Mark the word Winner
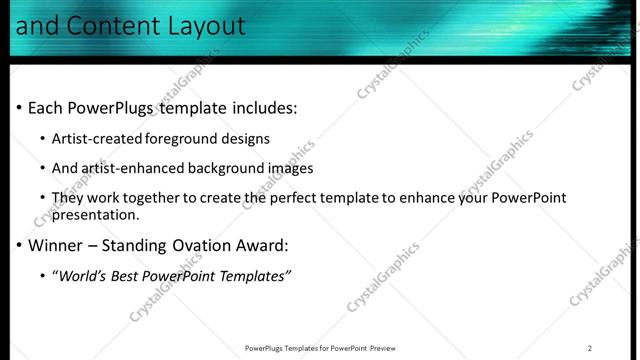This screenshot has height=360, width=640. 55,245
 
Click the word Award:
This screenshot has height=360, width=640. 263,245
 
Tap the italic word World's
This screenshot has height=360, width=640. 83,276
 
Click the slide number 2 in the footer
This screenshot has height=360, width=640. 590,348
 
